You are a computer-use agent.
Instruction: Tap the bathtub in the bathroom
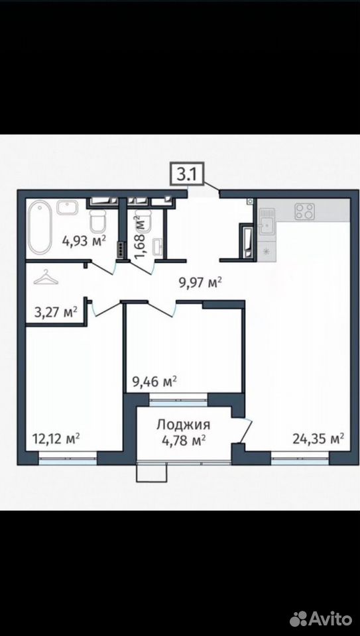point(39,229)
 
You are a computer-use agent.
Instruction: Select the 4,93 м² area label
point(84,241)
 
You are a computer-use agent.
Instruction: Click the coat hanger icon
point(46,278)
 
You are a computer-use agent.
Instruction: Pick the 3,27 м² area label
point(56,313)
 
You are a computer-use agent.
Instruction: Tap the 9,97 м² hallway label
point(200,282)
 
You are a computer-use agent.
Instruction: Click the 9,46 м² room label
point(154,382)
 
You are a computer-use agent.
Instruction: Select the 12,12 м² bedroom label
point(56,439)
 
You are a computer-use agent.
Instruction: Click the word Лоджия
point(184,425)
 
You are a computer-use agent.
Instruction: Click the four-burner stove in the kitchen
point(304,211)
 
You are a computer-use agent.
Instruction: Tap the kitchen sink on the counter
point(267,221)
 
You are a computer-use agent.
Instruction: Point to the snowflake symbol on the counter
point(267,252)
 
